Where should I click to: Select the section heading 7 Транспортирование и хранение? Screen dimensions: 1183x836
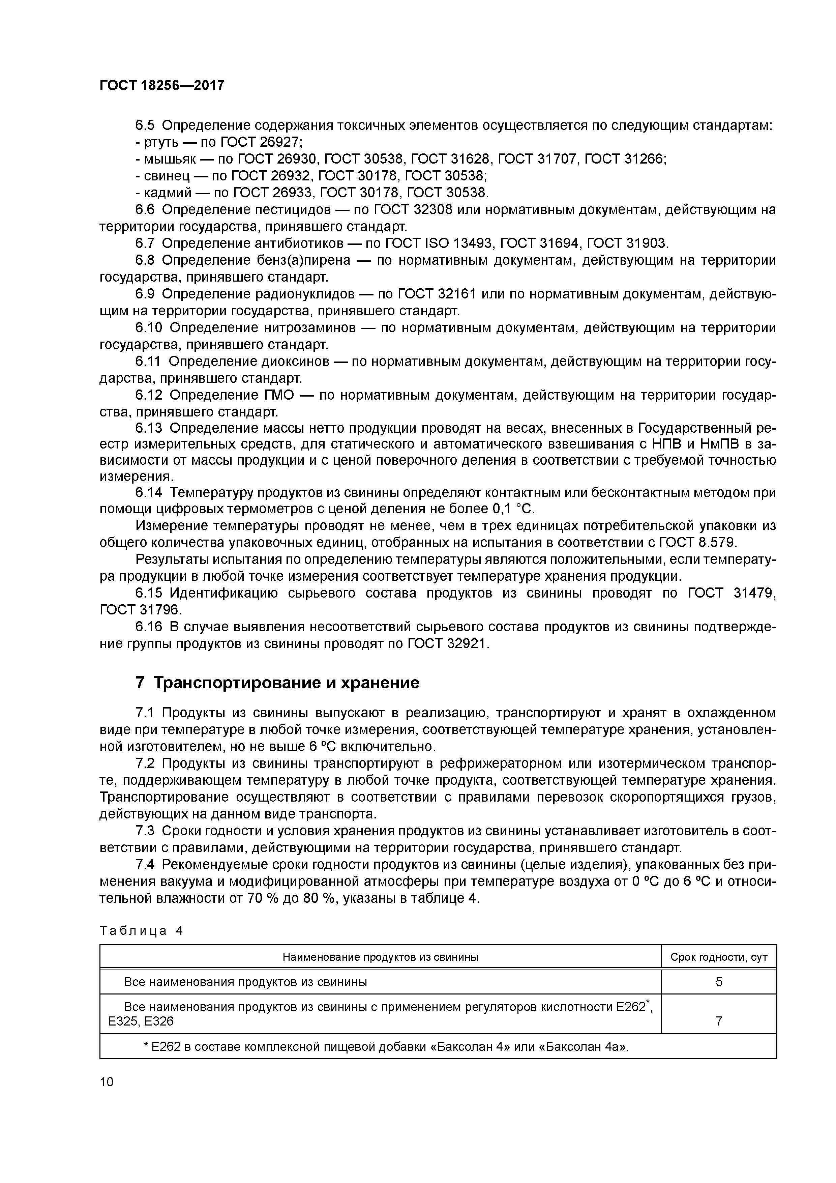click(277, 683)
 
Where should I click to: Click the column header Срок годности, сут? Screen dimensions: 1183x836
click(719, 957)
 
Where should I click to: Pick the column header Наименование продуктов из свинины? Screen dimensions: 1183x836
click(380, 957)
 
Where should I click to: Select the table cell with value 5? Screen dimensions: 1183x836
click(719, 982)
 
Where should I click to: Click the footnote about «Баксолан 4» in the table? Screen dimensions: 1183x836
click(386, 1046)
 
